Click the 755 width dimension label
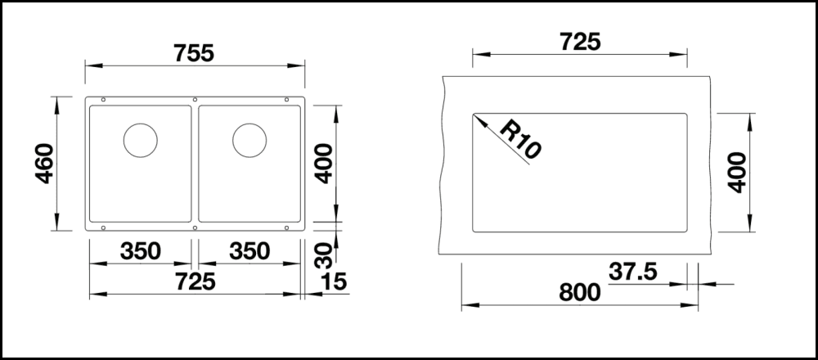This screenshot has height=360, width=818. (194, 53)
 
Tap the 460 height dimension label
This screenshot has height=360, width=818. (45, 164)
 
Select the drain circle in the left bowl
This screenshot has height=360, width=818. (141, 141)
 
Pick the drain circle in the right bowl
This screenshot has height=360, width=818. (249, 141)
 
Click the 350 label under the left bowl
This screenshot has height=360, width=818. (141, 251)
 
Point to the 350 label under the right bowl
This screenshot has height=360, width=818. (249, 251)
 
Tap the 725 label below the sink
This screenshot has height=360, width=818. (196, 282)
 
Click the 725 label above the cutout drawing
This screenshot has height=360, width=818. (580, 42)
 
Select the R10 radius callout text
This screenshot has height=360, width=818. (520, 139)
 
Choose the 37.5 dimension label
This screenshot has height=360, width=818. (633, 272)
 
